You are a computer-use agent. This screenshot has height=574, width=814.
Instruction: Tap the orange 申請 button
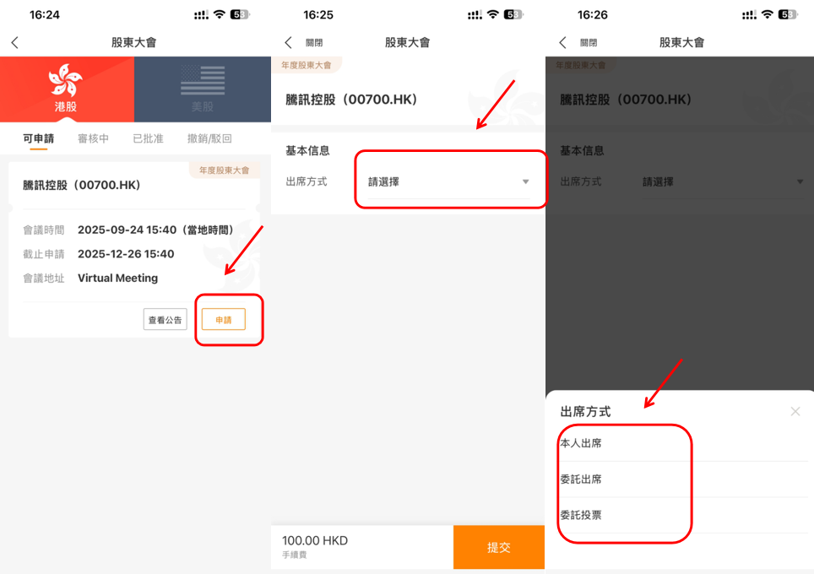click(x=223, y=320)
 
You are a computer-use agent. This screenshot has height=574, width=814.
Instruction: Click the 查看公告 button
click(x=166, y=320)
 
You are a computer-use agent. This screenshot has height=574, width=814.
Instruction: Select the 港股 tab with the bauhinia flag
click(x=67, y=89)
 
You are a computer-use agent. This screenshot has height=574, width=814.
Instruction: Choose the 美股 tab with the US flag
click(x=203, y=89)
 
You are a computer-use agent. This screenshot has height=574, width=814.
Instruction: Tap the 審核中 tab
click(x=94, y=138)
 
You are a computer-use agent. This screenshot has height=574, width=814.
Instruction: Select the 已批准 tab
click(x=148, y=138)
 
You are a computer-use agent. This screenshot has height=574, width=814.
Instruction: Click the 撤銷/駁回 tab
click(x=209, y=138)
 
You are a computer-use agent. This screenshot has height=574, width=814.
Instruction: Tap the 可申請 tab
click(x=38, y=138)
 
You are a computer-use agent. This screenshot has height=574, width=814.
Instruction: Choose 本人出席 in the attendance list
click(x=581, y=443)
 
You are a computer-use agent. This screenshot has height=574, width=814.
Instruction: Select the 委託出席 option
click(x=581, y=479)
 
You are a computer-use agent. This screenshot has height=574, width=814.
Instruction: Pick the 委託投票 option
click(x=581, y=515)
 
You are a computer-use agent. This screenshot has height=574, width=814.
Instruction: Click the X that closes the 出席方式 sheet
click(x=795, y=412)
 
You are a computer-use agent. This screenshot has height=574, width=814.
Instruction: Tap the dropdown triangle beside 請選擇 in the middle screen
click(x=525, y=181)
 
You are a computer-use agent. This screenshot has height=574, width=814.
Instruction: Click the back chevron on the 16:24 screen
click(x=15, y=42)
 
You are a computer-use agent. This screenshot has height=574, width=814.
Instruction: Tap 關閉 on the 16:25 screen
click(x=314, y=42)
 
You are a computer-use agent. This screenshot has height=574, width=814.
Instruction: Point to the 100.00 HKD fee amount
click(x=315, y=540)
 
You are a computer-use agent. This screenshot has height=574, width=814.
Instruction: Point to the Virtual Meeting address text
click(x=118, y=279)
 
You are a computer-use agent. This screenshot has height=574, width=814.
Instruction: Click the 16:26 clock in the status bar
click(x=592, y=15)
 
